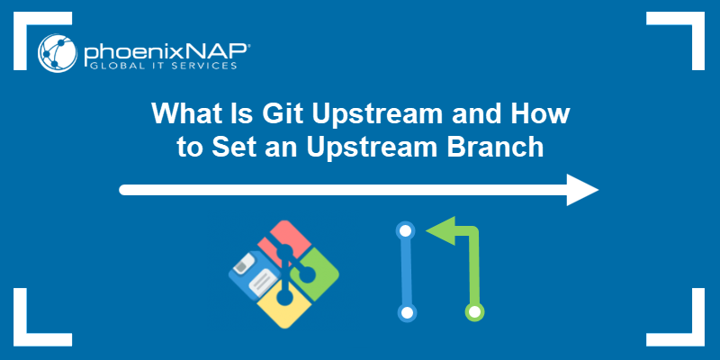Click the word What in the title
184,116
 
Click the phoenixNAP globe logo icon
57,52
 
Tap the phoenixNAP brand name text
161,48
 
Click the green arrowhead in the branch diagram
438,231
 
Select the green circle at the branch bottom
474,312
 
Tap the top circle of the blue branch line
406,231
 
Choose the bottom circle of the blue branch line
407,313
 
